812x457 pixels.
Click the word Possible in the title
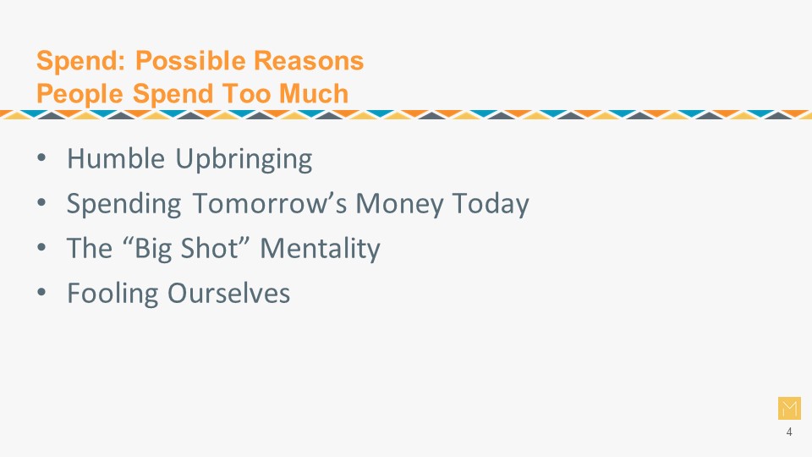click(190, 61)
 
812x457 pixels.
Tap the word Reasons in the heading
click(309, 61)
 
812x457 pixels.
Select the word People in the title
click(80, 95)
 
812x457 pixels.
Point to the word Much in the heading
click(314, 93)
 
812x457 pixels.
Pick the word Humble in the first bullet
click(116, 158)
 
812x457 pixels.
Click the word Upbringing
click(244, 159)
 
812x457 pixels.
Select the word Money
click(399, 204)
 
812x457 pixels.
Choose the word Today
click(491, 204)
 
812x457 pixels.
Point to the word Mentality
click(320, 249)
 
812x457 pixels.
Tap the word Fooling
click(112, 294)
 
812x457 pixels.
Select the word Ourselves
click(229, 294)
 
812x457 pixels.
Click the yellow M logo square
click(789, 408)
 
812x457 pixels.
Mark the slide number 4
click(789, 432)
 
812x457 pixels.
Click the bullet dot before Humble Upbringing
click(42, 158)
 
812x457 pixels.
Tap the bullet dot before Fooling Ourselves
click(42, 293)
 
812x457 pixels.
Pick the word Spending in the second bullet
click(123, 204)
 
